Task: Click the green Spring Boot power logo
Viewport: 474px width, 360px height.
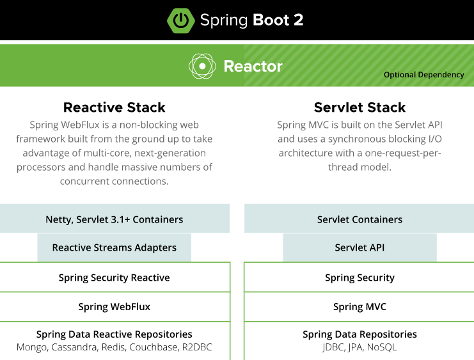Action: pos(181,20)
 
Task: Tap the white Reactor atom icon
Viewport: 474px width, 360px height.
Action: pos(201,66)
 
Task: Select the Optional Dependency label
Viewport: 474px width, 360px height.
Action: pos(423,75)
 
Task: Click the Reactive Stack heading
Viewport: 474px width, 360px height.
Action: pos(115,107)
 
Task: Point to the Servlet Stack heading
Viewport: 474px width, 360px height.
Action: pos(359,107)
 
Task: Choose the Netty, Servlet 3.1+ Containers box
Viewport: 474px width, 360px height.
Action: pos(115,219)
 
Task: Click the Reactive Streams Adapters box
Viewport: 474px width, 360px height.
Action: pos(115,247)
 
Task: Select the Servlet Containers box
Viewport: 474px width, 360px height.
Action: pos(359,219)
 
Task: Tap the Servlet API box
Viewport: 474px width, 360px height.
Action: pos(359,247)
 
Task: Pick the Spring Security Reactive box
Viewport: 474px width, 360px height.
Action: pos(115,278)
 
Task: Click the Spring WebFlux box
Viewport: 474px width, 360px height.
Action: pos(115,307)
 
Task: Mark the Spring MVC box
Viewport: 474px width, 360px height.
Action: pos(359,307)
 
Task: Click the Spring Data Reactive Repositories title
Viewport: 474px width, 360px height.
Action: pos(115,334)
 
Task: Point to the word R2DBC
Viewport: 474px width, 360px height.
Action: pos(196,347)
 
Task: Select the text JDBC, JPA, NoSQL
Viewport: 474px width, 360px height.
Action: pos(359,347)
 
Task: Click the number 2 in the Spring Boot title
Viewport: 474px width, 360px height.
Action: pos(297,20)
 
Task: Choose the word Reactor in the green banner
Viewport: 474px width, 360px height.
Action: pos(253,66)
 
